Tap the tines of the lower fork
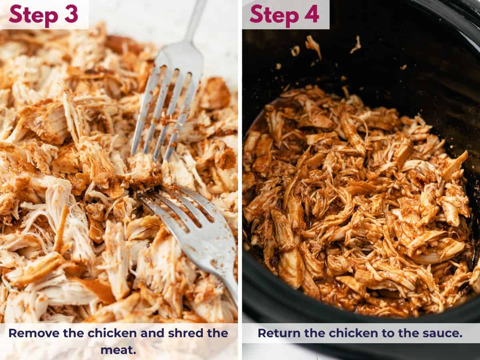pos(176,204)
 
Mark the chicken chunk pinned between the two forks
pos(142,168)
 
